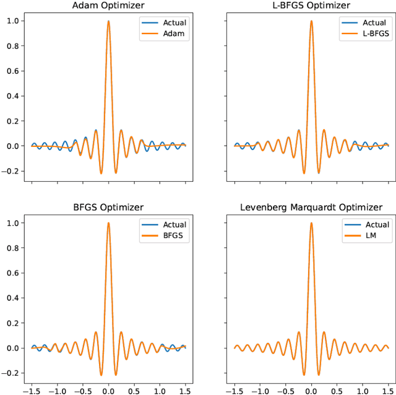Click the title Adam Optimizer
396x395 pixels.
coord(108,6)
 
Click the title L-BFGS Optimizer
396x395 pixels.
coord(311,6)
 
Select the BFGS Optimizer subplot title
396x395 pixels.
coord(108,207)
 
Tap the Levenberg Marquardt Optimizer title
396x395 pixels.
coord(311,207)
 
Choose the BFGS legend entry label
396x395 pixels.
coord(175,236)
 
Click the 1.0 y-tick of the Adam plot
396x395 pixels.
coord(13,21)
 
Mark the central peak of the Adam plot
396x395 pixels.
coord(108,22)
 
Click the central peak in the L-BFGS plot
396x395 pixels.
coord(311,22)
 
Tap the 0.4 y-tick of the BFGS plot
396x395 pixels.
coord(13,298)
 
